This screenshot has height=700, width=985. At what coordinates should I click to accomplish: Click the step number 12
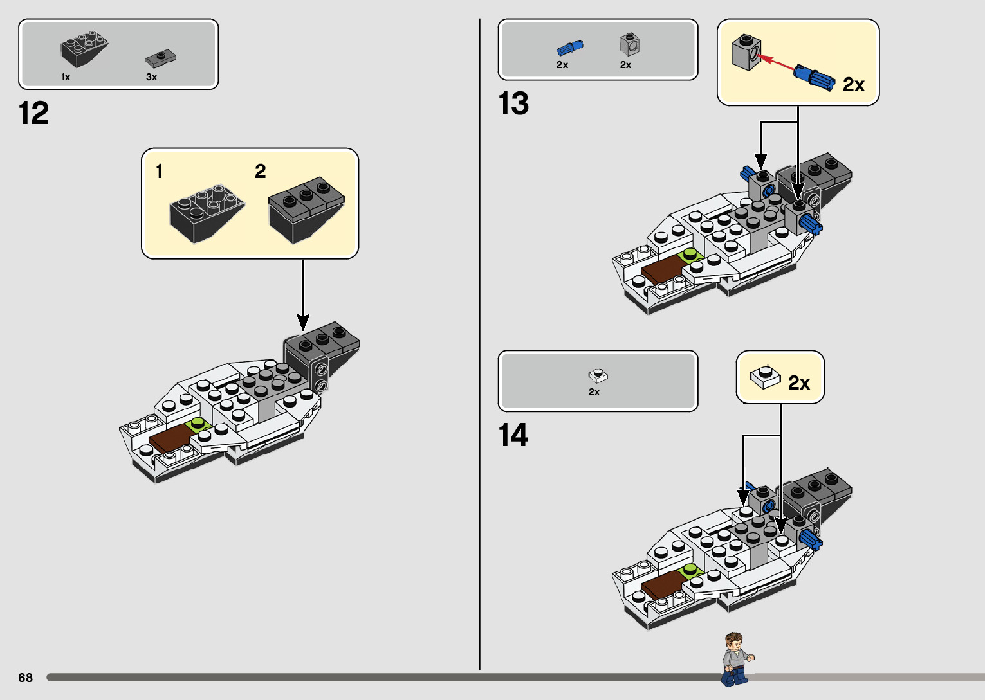(x=34, y=114)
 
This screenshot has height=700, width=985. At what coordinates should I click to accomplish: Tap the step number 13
(x=513, y=103)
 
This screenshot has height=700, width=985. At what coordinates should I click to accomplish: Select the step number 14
(x=513, y=435)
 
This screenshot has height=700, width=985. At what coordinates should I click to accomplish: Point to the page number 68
(x=25, y=678)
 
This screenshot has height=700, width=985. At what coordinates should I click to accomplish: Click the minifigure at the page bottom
(x=735, y=659)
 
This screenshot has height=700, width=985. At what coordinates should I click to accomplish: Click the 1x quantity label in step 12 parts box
(x=66, y=77)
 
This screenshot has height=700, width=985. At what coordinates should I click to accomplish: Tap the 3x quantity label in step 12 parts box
(x=151, y=77)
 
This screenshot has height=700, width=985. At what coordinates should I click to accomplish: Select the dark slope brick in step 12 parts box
(x=84, y=49)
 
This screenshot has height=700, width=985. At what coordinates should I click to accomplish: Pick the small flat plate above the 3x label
(x=160, y=59)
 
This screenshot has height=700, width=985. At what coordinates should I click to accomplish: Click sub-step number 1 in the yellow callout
(x=159, y=172)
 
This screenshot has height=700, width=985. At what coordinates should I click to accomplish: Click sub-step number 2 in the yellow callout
(x=260, y=172)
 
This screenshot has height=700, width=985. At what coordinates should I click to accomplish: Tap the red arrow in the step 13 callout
(x=776, y=63)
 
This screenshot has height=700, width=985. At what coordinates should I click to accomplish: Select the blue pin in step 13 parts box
(x=569, y=48)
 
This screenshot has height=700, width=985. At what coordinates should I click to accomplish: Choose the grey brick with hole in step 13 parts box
(x=630, y=44)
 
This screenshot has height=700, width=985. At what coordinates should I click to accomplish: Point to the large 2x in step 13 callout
(x=853, y=85)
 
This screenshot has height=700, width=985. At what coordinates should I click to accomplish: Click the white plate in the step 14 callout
(x=765, y=377)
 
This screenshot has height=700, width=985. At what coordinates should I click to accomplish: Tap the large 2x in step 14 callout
(x=798, y=383)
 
